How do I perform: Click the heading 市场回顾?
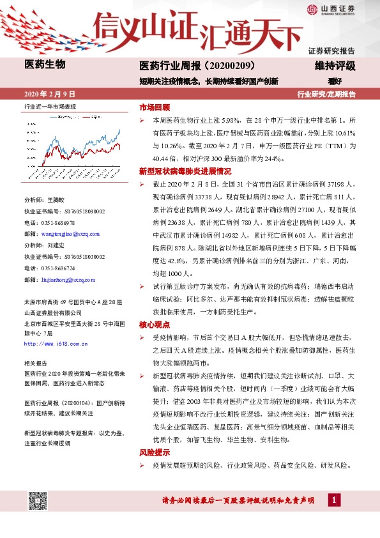click(155, 107)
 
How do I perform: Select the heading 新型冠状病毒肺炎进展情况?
click(185, 171)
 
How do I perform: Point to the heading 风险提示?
click(155, 452)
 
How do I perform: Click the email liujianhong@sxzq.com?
click(67, 279)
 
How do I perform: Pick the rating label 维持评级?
click(335, 66)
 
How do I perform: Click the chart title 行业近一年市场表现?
click(50, 106)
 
